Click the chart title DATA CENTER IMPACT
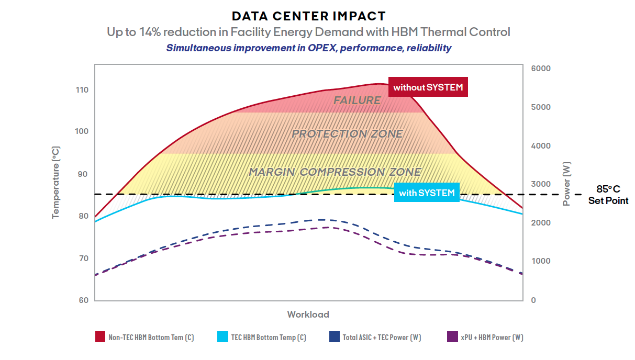[309, 16]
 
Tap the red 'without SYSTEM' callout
[428, 87]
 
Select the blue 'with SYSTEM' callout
[427, 193]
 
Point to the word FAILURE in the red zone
[357, 100]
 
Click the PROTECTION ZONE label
[347, 133]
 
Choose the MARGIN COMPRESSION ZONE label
[335, 172]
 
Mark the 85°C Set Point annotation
[608, 195]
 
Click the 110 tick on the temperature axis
[82, 90]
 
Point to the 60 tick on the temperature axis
[84, 300]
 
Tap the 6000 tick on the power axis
[541, 68]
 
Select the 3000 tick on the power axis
[541, 184]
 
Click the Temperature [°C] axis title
[55, 183]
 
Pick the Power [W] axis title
[566, 184]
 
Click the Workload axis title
[308, 314]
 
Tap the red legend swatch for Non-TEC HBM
[100, 337]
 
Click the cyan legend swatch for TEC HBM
[222, 337]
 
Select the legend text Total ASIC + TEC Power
[382, 337]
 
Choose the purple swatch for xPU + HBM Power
[452, 337]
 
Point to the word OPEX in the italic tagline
[322, 48]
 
